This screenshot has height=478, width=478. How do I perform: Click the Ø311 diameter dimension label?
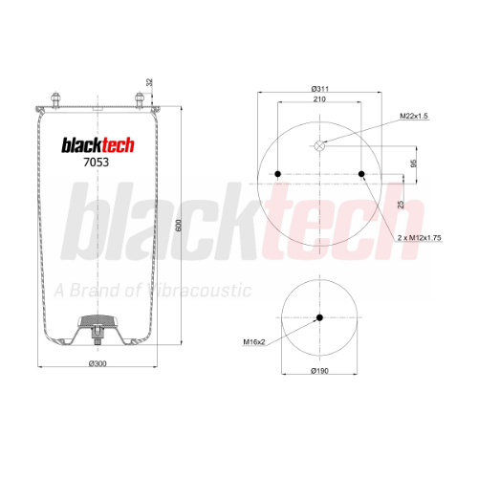point(320,89)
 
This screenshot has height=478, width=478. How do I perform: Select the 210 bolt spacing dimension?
point(319,99)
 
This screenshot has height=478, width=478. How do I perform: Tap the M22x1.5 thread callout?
point(414,116)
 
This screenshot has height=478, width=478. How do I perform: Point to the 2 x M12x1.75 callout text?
point(419,238)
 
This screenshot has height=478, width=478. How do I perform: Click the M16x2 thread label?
point(254,342)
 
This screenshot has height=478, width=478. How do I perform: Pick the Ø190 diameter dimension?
point(319,371)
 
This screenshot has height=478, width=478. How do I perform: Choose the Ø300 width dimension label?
point(98,363)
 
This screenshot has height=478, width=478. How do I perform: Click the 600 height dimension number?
point(179,226)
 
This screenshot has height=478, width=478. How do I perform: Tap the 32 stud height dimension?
point(149,82)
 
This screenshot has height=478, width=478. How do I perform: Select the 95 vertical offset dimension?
point(413,163)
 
